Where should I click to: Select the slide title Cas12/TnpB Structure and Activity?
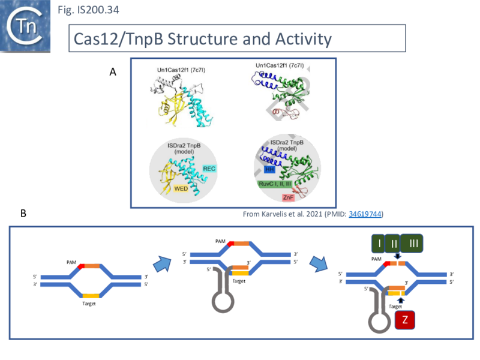[203, 39]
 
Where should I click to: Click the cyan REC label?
[210, 170]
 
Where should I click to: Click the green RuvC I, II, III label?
[283, 182]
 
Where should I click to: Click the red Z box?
[404, 319]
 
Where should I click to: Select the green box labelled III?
[414, 243]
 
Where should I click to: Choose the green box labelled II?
[393, 243]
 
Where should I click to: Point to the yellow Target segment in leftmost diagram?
[91, 295]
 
